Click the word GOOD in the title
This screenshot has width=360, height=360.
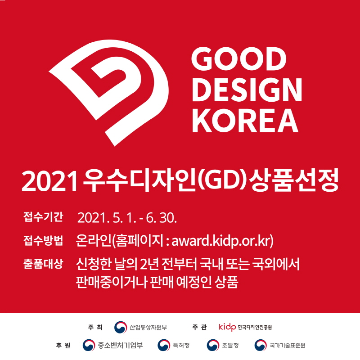239,59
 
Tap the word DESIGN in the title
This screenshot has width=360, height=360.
247,90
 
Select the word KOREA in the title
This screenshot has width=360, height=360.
245,121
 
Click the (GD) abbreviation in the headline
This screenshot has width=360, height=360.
222,181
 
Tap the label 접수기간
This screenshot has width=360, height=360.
43,217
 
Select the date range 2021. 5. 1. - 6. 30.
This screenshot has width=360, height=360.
127,218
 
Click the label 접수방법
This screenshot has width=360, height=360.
43,240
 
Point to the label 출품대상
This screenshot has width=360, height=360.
43,264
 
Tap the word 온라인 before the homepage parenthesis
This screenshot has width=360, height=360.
94,240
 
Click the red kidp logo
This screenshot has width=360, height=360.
227,327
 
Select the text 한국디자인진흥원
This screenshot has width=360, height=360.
255,327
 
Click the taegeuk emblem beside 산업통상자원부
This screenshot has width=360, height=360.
121,327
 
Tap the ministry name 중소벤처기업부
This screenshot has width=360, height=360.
120,345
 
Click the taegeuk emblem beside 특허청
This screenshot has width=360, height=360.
164,345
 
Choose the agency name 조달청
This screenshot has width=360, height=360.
230,345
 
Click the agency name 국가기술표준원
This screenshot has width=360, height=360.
288,345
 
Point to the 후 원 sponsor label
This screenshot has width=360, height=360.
63,345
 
